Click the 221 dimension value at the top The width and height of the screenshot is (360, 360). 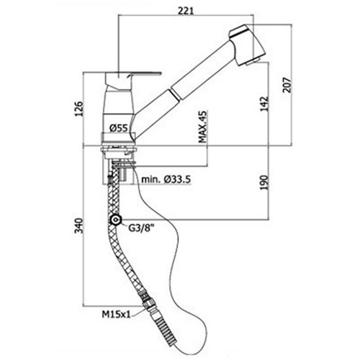tap(186, 11)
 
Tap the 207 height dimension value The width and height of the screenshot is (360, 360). tap(287, 85)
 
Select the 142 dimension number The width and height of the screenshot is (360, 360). tap(264, 104)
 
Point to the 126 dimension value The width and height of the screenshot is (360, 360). tap(78, 109)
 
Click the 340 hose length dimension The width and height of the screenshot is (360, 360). tap(78, 225)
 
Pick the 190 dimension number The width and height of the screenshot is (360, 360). tap(264, 183)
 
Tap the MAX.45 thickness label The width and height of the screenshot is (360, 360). tap(202, 127)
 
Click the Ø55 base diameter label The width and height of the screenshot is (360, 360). tap(119, 128)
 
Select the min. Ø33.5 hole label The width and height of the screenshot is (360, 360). tap(166, 179)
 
